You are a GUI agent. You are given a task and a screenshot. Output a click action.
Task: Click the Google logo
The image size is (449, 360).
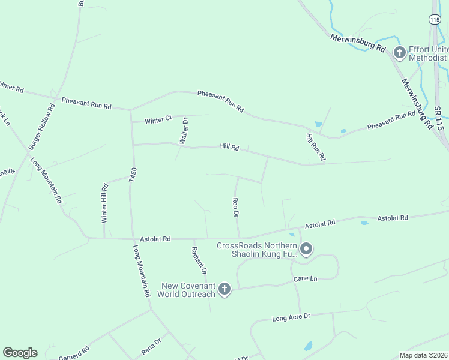click(x=20, y=353)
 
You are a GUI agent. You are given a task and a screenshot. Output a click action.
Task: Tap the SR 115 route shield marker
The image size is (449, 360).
click(x=435, y=20)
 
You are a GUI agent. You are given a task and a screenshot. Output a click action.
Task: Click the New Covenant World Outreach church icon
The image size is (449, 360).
click(x=224, y=290)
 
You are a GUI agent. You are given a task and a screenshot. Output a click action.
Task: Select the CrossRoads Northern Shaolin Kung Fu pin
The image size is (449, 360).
click(x=306, y=248)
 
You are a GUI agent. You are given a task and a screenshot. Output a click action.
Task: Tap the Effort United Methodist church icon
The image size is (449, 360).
click(x=400, y=53)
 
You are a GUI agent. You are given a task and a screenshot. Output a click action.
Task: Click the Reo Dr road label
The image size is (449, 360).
click(x=236, y=207)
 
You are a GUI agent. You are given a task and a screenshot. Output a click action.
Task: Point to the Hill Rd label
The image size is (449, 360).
click(x=229, y=147)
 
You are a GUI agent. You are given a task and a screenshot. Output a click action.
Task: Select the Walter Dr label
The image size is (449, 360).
click(x=184, y=130)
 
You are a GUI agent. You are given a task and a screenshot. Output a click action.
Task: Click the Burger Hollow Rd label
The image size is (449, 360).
click(x=41, y=127)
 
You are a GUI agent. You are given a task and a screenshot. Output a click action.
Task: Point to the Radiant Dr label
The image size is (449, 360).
click(x=199, y=260)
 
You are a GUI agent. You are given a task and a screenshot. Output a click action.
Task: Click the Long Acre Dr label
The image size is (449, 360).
click(x=291, y=316)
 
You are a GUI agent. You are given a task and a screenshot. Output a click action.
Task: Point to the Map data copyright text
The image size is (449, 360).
click(x=423, y=355)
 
